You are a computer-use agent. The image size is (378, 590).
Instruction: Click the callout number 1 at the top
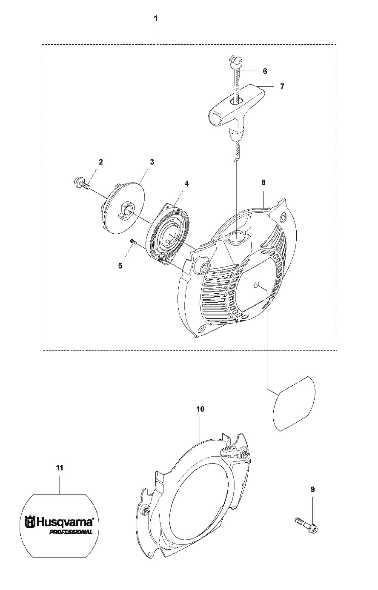coord(156,19)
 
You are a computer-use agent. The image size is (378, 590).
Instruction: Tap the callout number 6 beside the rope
coord(265,71)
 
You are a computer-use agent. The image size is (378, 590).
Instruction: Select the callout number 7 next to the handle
coord(282,86)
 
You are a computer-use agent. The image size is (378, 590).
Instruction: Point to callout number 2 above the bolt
coord(101,162)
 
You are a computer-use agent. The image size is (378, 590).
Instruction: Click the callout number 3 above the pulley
coord(152,162)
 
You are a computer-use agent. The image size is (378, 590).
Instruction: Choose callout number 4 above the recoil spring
coord(186,183)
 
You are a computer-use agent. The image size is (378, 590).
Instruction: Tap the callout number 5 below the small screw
coord(120,266)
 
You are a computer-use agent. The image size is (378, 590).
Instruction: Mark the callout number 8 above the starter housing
coord(263,183)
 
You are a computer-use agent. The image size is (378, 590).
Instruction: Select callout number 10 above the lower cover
coord(200,409)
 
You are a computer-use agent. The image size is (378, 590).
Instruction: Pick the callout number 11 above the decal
coord(60,468)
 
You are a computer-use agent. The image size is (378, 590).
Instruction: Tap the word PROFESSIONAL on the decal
coord(71,532)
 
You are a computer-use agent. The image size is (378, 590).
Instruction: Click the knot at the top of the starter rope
coord(233,59)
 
